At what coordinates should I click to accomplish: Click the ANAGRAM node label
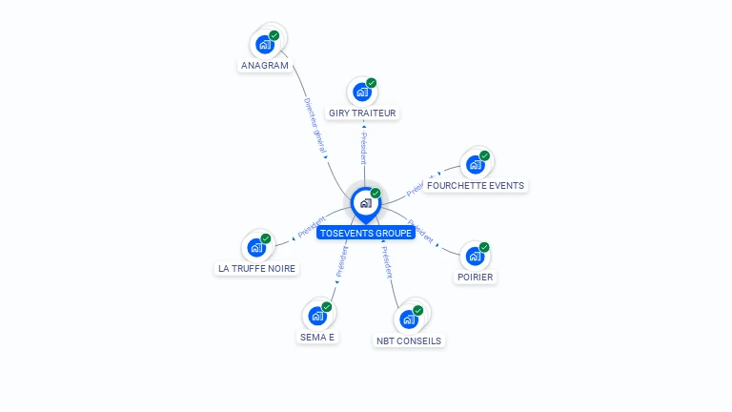pyautogui.click(x=264, y=66)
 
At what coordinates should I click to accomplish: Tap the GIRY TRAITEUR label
pyautogui.click(x=362, y=113)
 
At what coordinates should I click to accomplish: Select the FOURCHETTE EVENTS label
pyautogui.click(x=475, y=185)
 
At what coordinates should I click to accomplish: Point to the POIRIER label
pyautogui.click(x=475, y=277)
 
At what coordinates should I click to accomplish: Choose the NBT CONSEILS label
pyautogui.click(x=409, y=340)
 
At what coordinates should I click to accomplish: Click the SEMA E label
pyautogui.click(x=317, y=337)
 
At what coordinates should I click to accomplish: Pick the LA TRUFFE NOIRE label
pyautogui.click(x=256, y=269)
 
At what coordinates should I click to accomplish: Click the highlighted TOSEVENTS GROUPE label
pyautogui.click(x=366, y=233)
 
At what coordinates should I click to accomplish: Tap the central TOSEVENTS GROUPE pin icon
pyautogui.click(x=365, y=203)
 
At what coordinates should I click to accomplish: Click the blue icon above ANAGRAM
pyautogui.click(x=264, y=44)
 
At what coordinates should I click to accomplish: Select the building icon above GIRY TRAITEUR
pyautogui.click(x=361, y=92)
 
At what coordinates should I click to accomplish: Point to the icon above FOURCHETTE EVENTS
pyautogui.click(x=475, y=164)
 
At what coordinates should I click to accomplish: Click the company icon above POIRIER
pyautogui.click(x=475, y=256)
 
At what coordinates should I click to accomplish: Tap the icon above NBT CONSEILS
pyautogui.click(x=409, y=319)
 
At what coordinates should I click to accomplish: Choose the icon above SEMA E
pyautogui.click(x=317, y=316)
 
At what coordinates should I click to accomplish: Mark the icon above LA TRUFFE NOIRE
pyautogui.click(x=256, y=247)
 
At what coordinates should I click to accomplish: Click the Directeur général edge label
pyautogui.click(x=315, y=126)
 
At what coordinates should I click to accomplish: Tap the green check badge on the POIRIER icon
pyautogui.click(x=484, y=248)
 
